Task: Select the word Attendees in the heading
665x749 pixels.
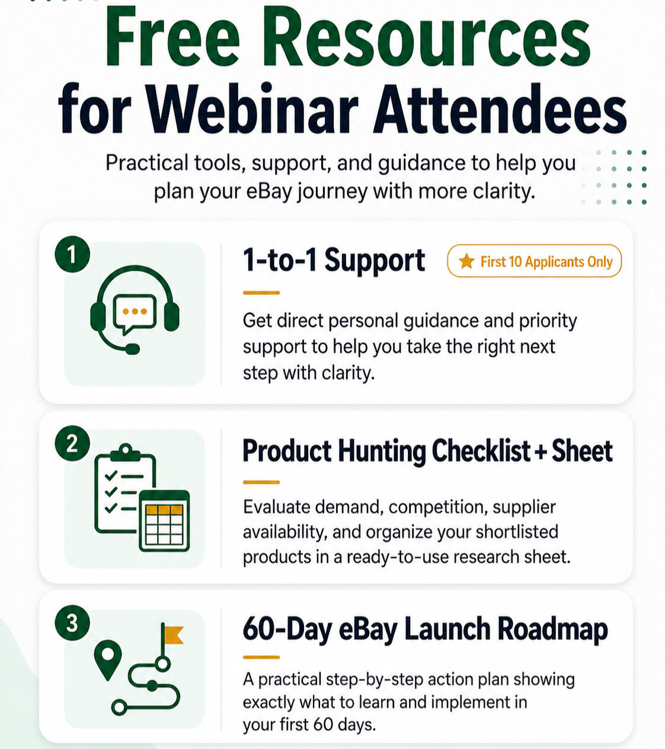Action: coord(500,108)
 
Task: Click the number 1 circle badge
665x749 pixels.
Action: coord(72,254)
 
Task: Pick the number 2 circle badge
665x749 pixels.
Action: coord(72,443)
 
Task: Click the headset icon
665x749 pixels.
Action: coord(135,310)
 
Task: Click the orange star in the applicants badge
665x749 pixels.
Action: coord(466,261)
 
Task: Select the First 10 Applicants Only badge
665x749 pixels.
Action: coord(535,261)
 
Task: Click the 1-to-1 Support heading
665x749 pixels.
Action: coord(334,260)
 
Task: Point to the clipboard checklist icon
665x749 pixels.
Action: coord(125,488)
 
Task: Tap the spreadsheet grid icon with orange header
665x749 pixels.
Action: coord(164,520)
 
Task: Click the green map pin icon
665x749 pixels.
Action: coord(108,660)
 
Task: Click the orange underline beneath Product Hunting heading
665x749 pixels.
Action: coord(261,482)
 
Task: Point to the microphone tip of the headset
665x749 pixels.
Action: coord(132,349)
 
